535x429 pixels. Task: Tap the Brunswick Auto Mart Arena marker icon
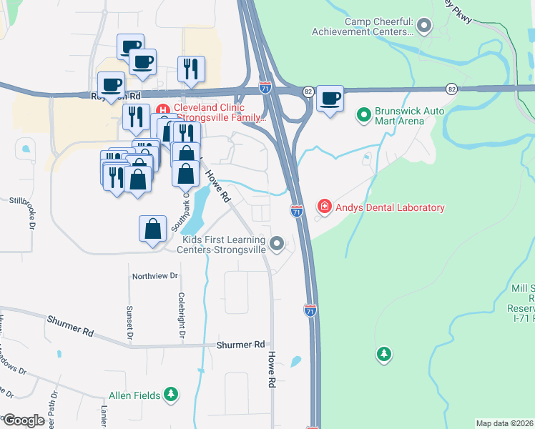pyautogui.click(x=363, y=114)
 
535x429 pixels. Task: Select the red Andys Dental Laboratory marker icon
pyautogui.click(x=325, y=207)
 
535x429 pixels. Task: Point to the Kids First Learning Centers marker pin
pyautogui.click(x=277, y=246)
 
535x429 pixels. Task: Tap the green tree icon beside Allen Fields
pyautogui.click(x=170, y=394)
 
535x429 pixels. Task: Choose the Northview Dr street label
pyautogui.click(x=154, y=275)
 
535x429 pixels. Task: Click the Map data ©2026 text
pyautogui.click(x=504, y=423)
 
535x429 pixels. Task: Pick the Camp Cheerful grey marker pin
pyautogui.click(x=424, y=27)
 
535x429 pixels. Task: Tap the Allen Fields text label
pyautogui.click(x=134, y=395)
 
